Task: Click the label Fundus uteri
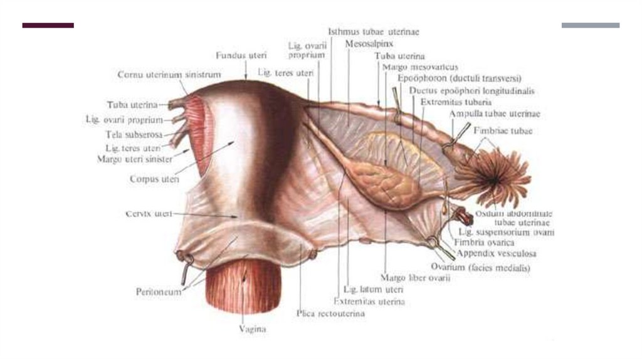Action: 241,55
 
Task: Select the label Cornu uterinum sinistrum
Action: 169,75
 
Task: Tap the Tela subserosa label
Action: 134,134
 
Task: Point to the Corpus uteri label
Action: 154,179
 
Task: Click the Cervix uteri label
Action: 149,214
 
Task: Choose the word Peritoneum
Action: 159,292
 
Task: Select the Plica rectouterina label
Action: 330,313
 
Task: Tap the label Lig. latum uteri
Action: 372,290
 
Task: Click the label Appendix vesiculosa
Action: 496,254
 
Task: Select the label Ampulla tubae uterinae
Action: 494,114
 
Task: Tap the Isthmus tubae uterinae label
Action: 374,31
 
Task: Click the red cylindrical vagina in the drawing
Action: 243,285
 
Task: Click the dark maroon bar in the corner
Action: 48,26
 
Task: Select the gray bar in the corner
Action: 590,26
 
